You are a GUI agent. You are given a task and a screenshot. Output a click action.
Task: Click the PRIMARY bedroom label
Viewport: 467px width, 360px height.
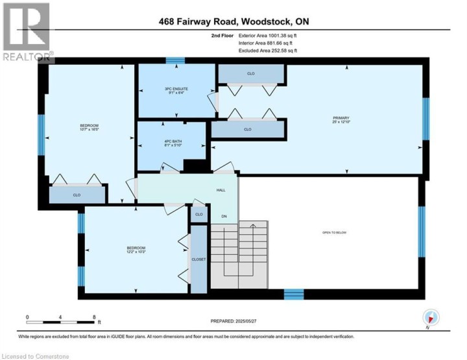pos(341,118)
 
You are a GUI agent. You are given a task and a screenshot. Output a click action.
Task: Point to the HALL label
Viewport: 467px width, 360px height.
pos(221,191)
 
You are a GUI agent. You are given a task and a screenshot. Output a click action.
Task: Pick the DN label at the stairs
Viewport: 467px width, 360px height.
pos(224,217)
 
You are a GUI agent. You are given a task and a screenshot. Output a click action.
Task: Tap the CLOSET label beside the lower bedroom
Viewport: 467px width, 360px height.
pos(198,259)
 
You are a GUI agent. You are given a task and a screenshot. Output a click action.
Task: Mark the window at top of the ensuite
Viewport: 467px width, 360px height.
pos(174,61)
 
